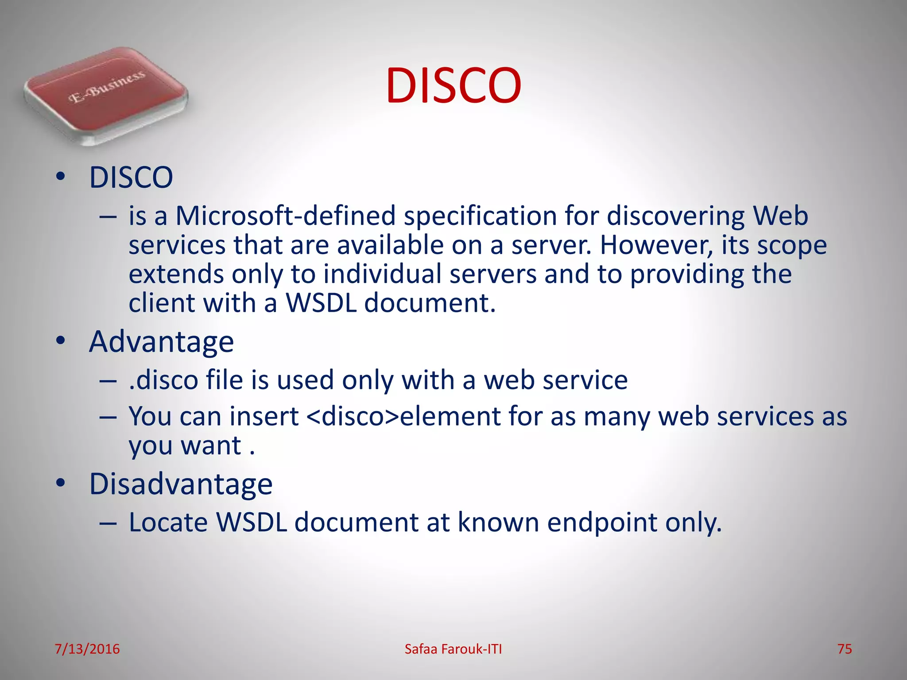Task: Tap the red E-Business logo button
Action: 106,95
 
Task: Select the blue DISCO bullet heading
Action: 131,178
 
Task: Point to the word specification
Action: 480,217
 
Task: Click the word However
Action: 656,245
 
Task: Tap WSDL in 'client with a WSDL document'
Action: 321,303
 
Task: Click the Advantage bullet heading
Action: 161,342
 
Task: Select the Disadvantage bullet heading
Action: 181,484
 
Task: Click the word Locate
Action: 168,522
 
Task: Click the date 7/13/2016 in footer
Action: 87,649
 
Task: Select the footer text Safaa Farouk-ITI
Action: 453,649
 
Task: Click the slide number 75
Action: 845,649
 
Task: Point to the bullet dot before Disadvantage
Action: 61,483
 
